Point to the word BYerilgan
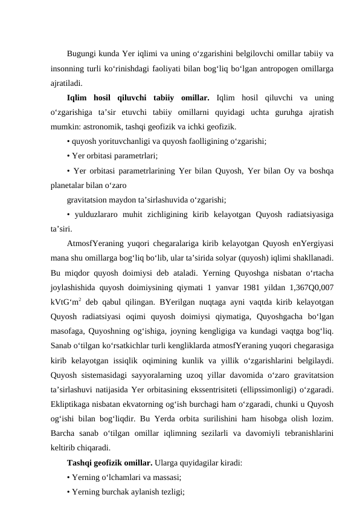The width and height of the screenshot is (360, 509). click(x=172, y=302)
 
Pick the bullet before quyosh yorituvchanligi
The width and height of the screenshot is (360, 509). click(x=69, y=143)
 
